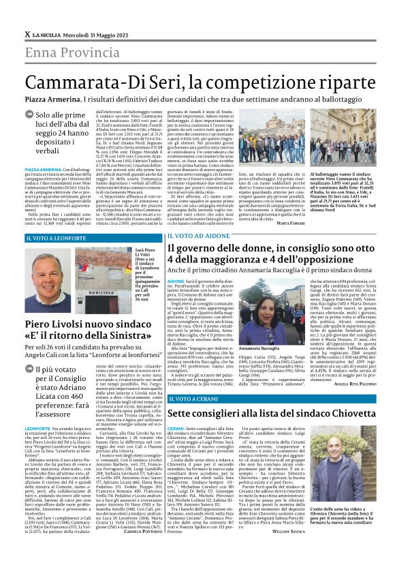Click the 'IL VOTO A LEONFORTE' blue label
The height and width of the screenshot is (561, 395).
tap(57, 239)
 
